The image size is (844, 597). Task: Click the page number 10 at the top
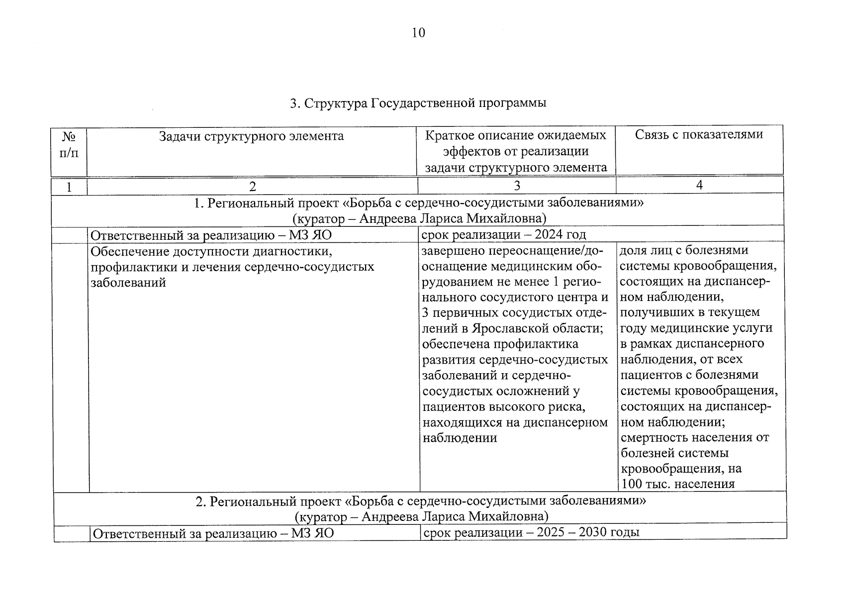[418, 33]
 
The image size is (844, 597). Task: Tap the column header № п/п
[69, 144]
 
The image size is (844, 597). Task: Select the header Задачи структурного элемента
[251, 136]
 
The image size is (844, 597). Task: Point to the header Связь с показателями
[699, 134]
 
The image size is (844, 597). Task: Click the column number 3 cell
[517, 186]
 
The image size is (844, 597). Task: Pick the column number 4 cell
[699, 185]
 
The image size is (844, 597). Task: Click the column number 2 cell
[252, 186]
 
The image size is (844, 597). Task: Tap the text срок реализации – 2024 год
[503, 234]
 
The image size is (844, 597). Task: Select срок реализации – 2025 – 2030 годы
[530, 532]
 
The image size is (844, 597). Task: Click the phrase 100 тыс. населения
[677, 484]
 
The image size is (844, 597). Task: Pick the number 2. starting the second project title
[200, 501]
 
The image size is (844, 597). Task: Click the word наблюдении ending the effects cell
[460, 438]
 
